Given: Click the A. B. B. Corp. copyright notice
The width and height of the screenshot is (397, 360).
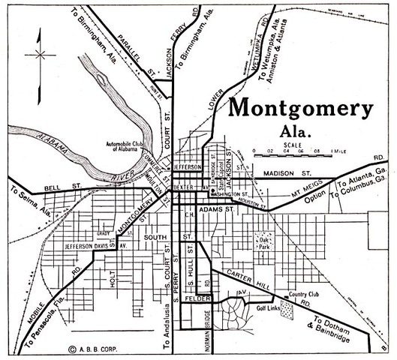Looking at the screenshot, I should (x=90, y=348).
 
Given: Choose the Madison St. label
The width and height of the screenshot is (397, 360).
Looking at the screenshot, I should (x=287, y=174).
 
